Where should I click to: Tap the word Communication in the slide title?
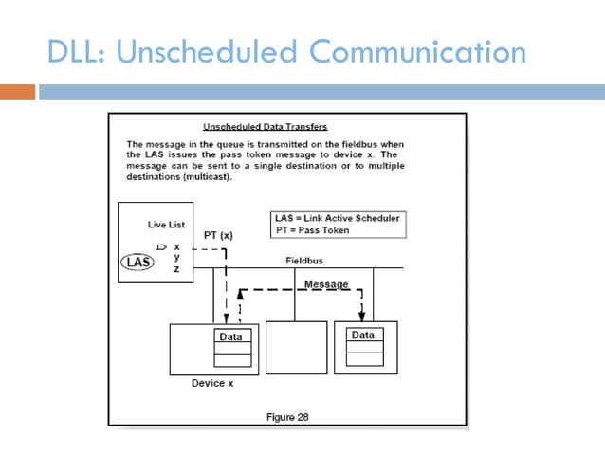click(x=417, y=51)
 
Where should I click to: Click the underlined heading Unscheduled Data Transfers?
click(x=266, y=126)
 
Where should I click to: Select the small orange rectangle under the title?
click(x=17, y=92)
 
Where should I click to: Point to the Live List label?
click(x=166, y=225)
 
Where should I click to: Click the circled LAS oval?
click(x=138, y=262)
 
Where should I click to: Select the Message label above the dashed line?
click(x=326, y=284)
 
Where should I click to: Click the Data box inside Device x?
click(x=230, y=336)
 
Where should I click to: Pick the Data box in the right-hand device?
click(x=363, y=335)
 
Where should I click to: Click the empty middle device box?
click(x=296, y=347)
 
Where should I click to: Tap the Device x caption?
click(x=212, y=383)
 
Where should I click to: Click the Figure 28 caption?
click(x=288, y=417)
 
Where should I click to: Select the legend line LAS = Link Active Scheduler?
click(x=337, y=218)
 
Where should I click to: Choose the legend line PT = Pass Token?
click(x=312, y=230)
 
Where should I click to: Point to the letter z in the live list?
click(x=176, y=269)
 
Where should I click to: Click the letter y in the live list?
click(x=176, y=258)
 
